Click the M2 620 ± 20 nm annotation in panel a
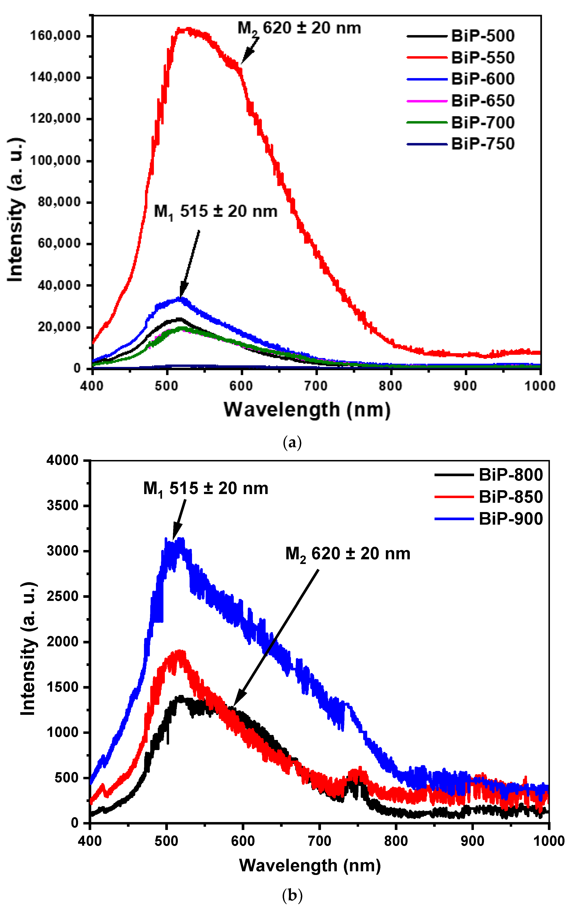click(299, 29)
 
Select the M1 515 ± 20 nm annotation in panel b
click(205, 489)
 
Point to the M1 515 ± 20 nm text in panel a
click(216, 211)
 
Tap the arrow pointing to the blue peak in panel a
click(190, 264)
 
